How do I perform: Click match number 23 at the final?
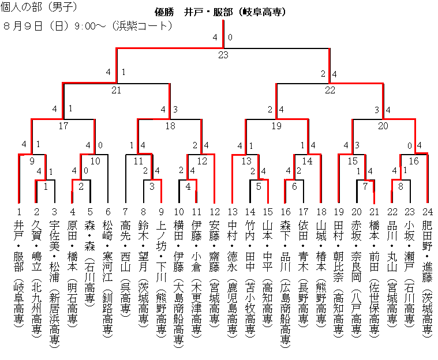[223, 55]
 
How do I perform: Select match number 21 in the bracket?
[117, 90]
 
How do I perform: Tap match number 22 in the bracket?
[330, 90]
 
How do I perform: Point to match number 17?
[63, 125]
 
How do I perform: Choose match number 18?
[170, 125]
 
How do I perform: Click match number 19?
[276, 125]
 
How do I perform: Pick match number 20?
[383, 125]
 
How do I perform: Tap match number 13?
[246, 161]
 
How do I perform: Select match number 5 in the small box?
[259, 186]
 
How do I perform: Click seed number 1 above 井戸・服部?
[19, 212]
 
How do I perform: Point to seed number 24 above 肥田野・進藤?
[428, 212]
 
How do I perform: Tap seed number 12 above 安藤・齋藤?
[215, 212]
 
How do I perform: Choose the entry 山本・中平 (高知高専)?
[268, 271]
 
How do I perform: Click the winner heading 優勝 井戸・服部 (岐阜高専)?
[221, 12]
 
